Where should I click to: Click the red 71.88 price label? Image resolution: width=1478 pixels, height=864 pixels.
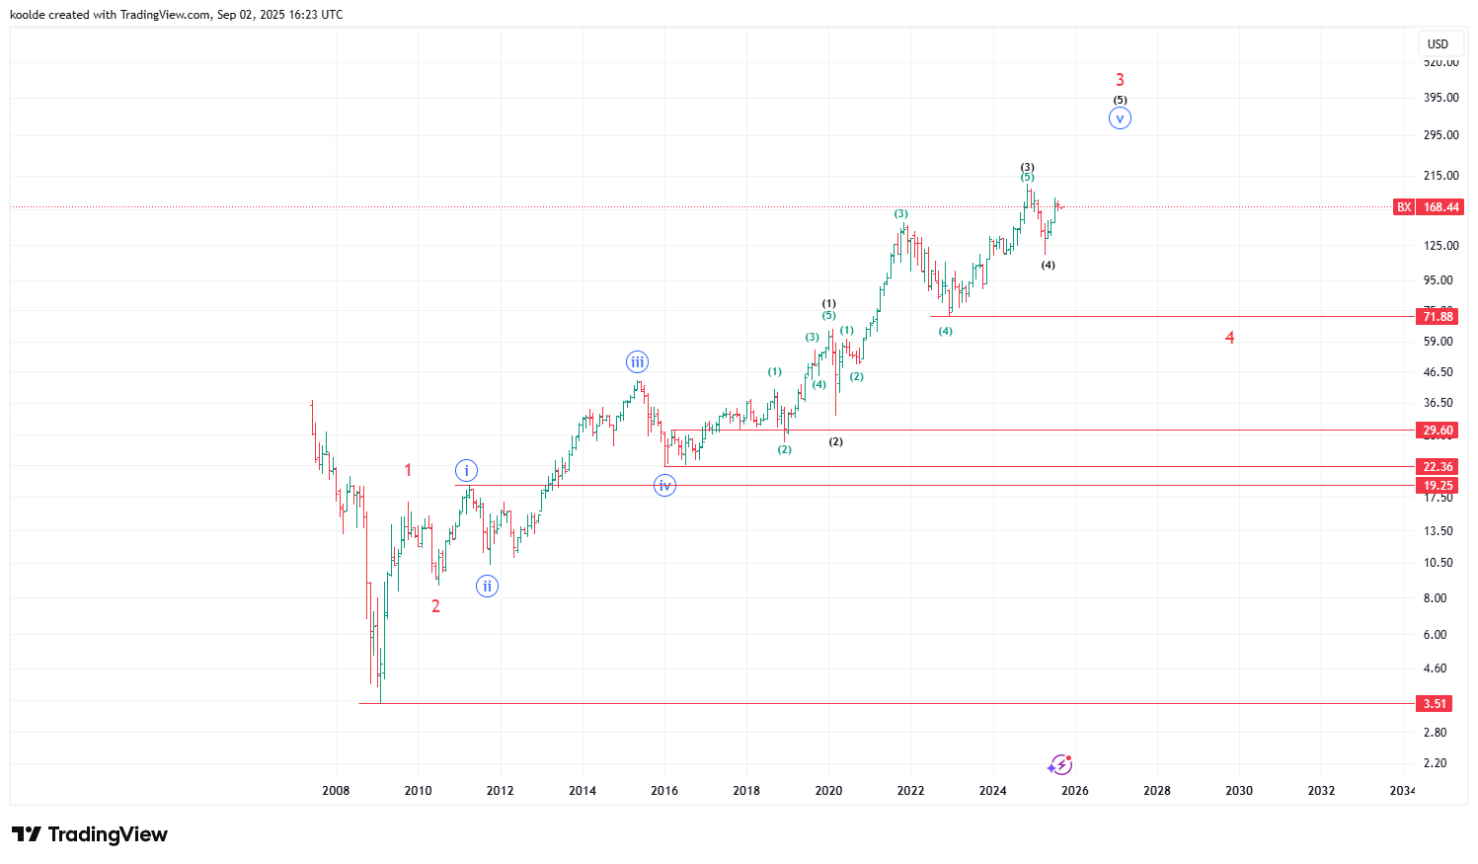(x=1438, y=316)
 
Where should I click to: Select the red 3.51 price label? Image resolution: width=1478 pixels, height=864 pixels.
(x=1435, y=703)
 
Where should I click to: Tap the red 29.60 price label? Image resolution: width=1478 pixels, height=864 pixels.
(x=1438, y=431)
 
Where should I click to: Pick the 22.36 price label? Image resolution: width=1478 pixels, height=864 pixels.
(x=1438, y=467)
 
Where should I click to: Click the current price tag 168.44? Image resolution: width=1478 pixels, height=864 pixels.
(x=1440, y=207)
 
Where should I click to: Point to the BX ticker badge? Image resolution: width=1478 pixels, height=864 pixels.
(x=1403, y=207)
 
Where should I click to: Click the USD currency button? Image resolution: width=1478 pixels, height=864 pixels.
(x=1438, y=43)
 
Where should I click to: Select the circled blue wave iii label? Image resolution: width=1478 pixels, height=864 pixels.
(x=638, y=362)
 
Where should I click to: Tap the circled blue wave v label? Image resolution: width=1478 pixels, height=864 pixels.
(x=1120, y=118)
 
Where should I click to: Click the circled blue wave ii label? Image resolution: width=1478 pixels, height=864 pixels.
(x=487, y=587)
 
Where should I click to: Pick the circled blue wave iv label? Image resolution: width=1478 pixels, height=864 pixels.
(x=665, y=485)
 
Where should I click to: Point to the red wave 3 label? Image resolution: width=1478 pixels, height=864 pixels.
(x=1120, y=80)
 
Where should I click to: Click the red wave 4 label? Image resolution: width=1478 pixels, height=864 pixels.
(x=1229, y=338)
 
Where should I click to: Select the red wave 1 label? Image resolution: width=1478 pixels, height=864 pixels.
(x=408, y=470)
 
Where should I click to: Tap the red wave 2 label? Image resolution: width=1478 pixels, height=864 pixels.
(x=435, y=606)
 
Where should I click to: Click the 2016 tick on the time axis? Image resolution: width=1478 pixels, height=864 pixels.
(x=664, y=790)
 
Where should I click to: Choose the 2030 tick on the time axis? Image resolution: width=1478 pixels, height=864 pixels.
(x=1239, y=790)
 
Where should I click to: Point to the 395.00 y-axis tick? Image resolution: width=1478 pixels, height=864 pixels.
(x=1440, y=98)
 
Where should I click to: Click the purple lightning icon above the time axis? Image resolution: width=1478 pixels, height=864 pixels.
(x=1060, y=764)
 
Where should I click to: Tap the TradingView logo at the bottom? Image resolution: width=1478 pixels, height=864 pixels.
(x=90, y=834)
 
